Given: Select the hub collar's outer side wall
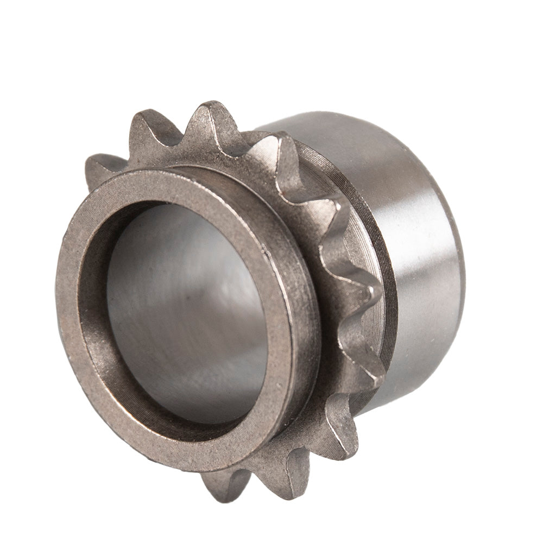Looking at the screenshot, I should (310, 326).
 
